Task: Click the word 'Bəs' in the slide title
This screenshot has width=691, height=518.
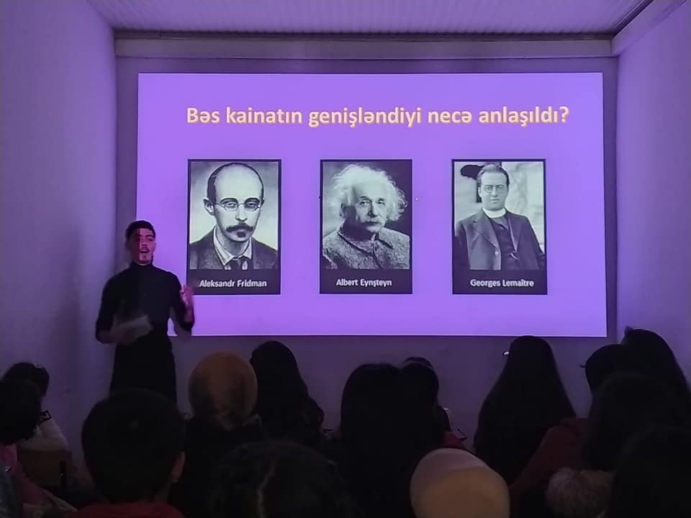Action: [x=203, y=116]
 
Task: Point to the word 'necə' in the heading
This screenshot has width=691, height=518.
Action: [x=447, y=118]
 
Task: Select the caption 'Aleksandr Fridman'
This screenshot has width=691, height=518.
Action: [x=233, y=283]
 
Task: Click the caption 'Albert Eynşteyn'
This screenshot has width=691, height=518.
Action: [x=363, y=283]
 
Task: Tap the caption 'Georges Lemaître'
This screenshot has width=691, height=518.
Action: [x=502, y=283]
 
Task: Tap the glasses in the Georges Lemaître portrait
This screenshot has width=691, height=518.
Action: [x=493, y=189]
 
